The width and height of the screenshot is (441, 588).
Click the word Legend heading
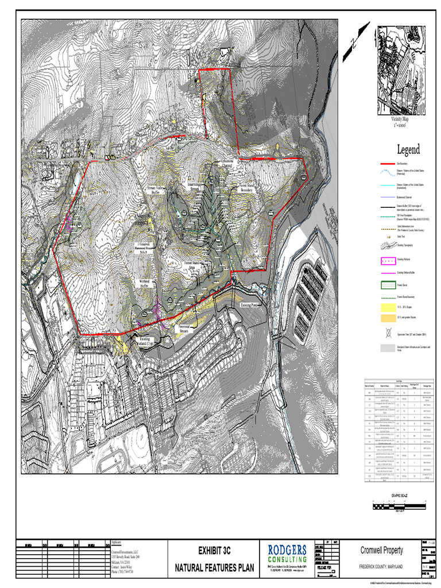408,150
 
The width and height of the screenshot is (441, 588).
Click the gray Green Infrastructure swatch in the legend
388,348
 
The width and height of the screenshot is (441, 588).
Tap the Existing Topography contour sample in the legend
388,246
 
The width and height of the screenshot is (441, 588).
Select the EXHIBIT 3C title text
214,550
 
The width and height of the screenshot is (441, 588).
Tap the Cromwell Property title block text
381,550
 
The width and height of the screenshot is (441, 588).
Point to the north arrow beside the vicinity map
355,42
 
